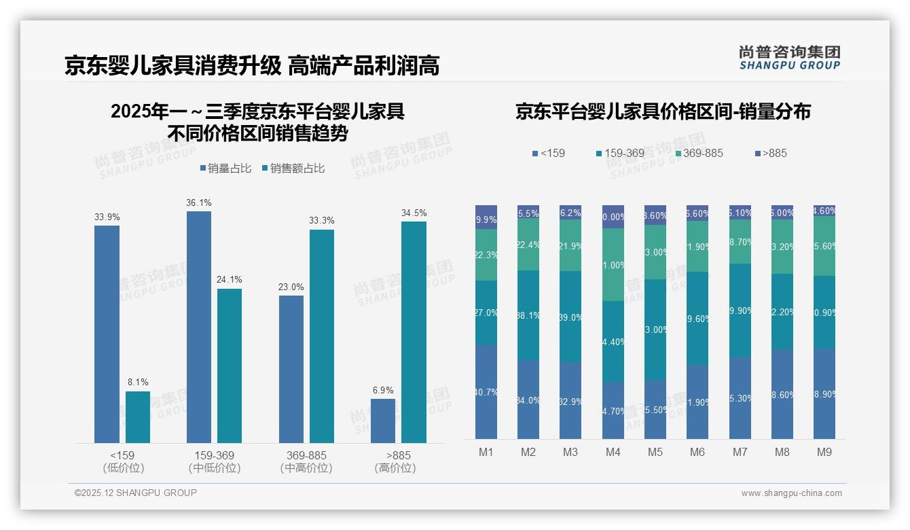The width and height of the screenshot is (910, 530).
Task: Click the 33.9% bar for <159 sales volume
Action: (107, 334)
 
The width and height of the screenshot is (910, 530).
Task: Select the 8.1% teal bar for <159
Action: (138, 417)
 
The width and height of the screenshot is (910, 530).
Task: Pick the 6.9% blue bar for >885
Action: (383, 421)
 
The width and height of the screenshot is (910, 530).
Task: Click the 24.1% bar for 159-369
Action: (230, 366)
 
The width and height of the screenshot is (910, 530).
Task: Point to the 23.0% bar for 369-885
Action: (291, 369)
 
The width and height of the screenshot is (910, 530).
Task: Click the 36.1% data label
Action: (198, 202)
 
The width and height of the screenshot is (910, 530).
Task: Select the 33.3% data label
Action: (321, 221)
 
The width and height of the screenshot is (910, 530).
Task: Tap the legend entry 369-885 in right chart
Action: (697, 153)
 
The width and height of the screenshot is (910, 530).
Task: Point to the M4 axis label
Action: (613, 452)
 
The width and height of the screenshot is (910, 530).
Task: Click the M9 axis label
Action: (824, 452)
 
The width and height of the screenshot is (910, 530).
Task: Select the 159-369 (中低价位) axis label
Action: (214, 461)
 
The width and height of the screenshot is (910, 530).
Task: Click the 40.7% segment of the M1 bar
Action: (486, 391)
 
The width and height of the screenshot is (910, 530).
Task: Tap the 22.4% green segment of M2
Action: (528, 245)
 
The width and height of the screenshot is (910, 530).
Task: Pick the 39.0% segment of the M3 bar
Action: (570, 317)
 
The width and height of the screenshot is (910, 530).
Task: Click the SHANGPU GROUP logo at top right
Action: (789, 58)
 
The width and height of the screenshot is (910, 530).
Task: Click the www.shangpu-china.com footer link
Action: (791, 493)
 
